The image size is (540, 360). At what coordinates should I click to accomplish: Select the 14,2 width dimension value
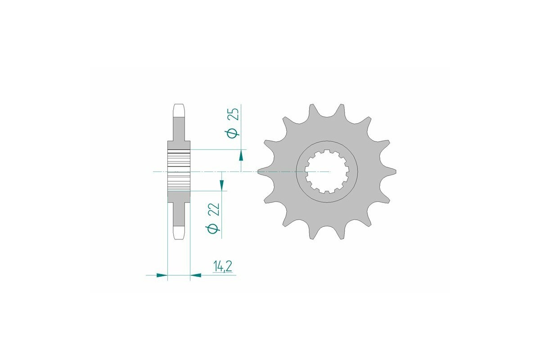[x=223, y=267]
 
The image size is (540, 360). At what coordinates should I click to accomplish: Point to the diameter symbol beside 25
[x=233, y=134]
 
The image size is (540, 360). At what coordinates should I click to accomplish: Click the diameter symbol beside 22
[x=214, y=229]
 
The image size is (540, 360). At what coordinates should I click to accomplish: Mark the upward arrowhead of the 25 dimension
[x=241, y=156]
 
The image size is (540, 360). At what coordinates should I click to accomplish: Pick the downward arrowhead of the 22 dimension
[x=222, y=184]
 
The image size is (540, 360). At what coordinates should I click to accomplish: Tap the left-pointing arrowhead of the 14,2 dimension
[x=196, y=274]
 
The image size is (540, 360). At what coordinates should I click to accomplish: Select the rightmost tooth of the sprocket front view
[x=391, y=171]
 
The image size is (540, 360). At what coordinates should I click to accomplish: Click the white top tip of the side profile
[x=179, y=109]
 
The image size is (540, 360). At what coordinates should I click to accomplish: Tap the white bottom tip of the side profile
[x=179, y=233]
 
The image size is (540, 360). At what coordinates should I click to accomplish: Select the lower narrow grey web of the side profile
[x=179, y=214]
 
